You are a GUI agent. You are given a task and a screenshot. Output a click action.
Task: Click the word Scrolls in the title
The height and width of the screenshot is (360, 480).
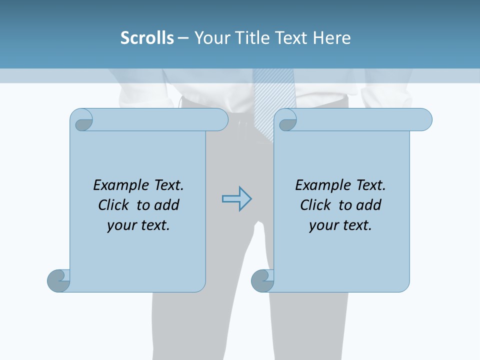point(147,38)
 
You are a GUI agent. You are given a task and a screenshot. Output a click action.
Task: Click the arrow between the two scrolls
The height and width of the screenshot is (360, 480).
point(236,199)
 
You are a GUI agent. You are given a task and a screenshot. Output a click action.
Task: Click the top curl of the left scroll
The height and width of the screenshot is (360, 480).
point(82,120)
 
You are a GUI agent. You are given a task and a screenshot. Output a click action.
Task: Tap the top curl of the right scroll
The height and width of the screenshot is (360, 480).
point(287,120)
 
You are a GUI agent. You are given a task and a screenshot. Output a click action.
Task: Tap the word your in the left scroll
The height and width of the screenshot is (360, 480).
point(121,225)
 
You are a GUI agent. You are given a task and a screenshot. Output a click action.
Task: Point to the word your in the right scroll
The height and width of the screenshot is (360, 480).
point(323,225)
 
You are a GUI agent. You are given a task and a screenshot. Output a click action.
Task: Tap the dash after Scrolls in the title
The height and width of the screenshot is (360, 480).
point(183,38)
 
